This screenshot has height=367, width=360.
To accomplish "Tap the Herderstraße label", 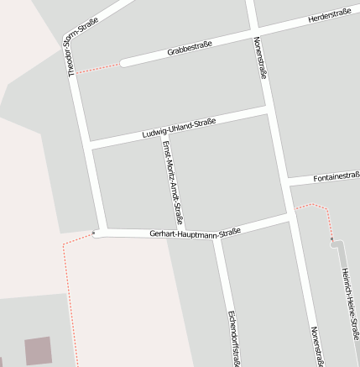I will (x=329, y=15).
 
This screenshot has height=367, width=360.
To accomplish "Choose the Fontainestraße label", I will (x=336, y=177).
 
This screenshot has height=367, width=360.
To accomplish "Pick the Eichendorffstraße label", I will (x=232, y=338).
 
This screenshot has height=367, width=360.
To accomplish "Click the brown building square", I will (x=38, y=350).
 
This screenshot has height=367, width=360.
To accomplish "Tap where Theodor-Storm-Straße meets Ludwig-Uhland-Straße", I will (x=90, y=145).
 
